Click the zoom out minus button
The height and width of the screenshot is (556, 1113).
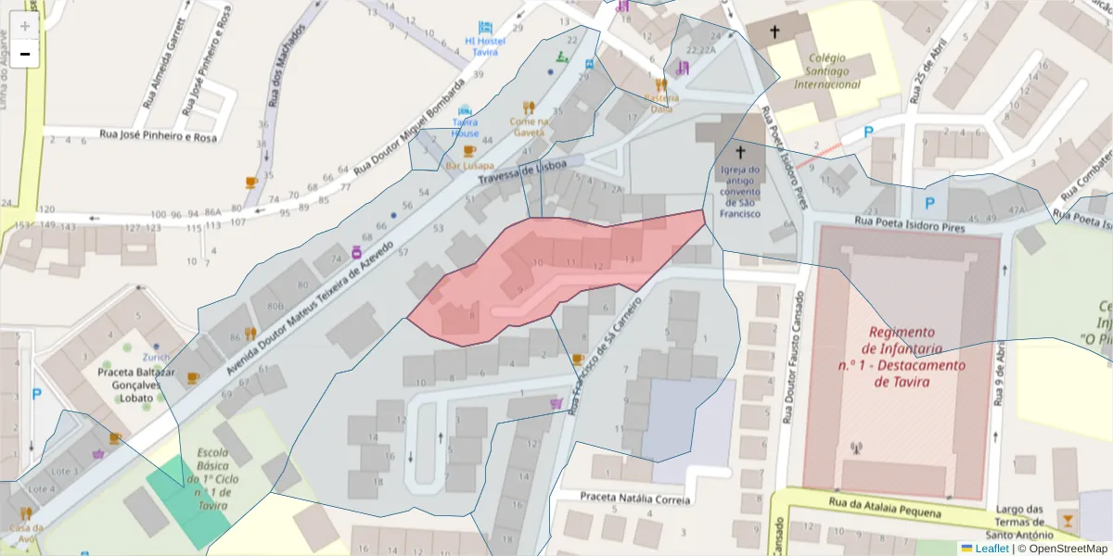click(x=24, y=54)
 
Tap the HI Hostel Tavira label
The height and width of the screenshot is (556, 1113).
click(x=484, y=46)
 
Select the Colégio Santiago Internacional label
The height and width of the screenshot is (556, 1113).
click(x=826, y=70)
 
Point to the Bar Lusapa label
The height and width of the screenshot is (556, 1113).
click(x=469, y=165)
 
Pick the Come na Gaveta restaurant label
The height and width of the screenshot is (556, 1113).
click(x=528, y=126)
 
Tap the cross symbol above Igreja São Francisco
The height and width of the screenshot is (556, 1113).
click(x=740, y=152)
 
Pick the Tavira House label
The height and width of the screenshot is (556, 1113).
click(x=465, y=127)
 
